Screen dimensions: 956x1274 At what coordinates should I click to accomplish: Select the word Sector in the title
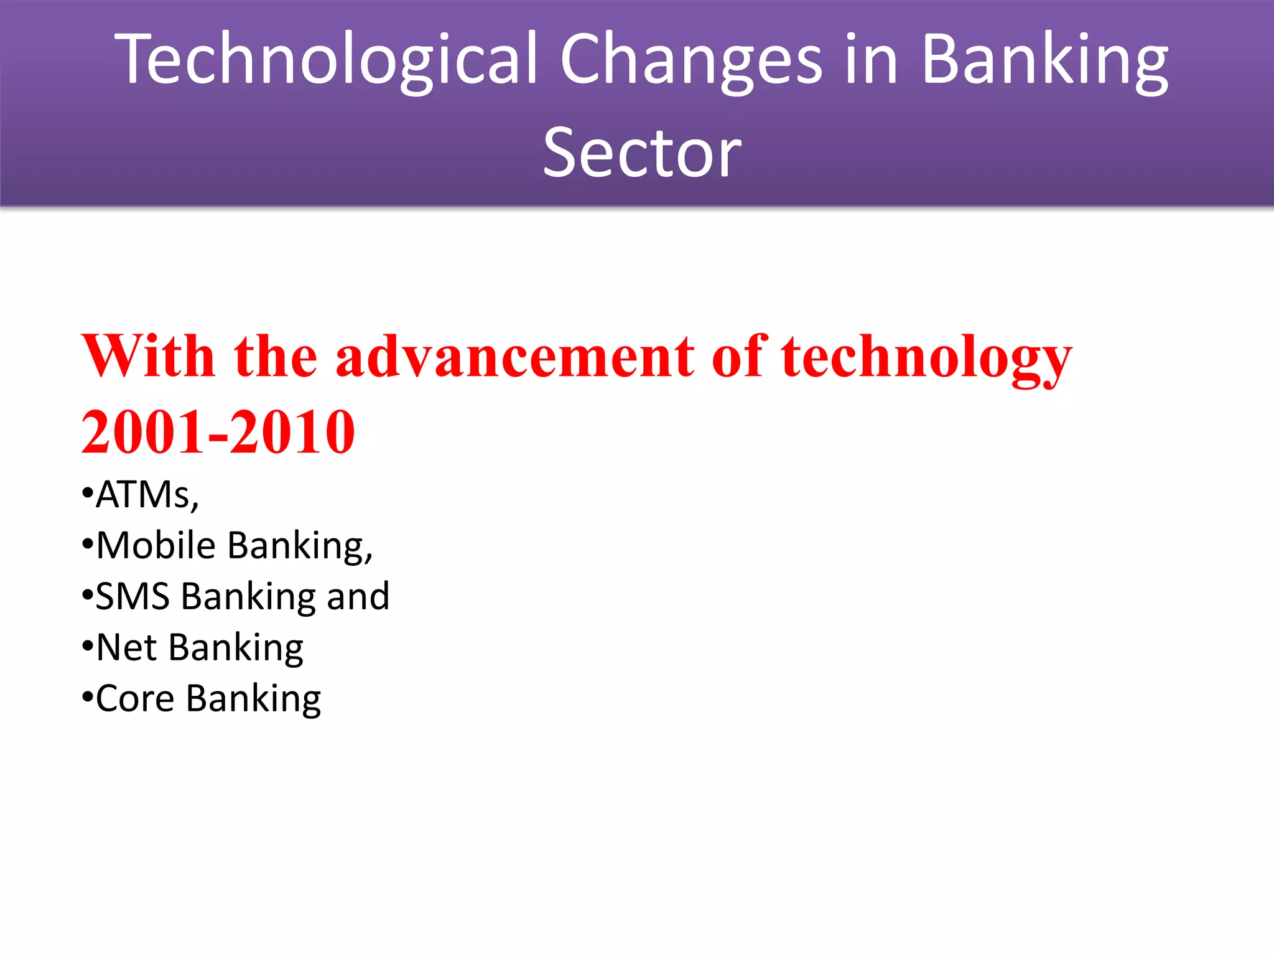642,152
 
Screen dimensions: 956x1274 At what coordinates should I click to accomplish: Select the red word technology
926,357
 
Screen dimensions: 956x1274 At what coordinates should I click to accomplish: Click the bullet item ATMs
147,495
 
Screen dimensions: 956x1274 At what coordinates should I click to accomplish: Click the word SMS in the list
133,596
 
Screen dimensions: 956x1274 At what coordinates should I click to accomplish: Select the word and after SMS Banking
358,596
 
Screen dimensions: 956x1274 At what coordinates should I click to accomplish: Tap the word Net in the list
126,647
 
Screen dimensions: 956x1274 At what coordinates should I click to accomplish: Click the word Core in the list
135,698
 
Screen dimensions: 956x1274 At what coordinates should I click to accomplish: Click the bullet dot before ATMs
87,494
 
